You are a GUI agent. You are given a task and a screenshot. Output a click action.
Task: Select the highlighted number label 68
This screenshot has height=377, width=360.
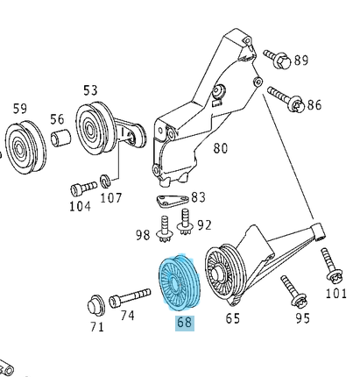184,322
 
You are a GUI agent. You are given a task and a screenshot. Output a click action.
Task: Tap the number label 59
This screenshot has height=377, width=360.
18,109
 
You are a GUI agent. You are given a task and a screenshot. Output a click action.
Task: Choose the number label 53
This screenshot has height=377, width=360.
91,90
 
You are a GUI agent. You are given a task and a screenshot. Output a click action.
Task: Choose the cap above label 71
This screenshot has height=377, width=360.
94,306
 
